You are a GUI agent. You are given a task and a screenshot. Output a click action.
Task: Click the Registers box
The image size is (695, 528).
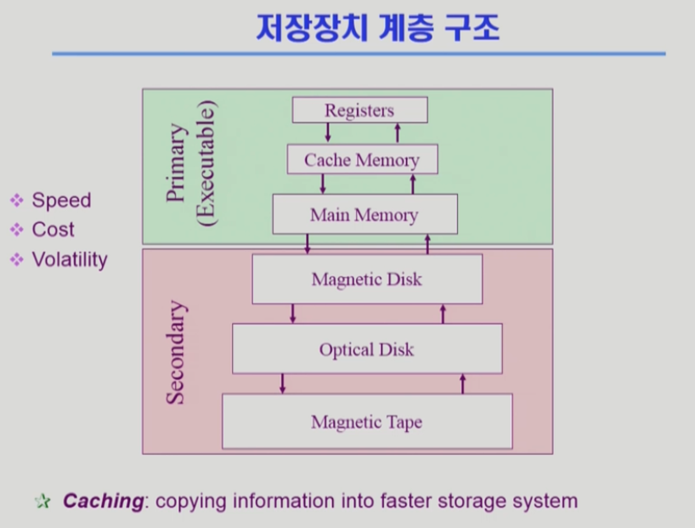[359, 111]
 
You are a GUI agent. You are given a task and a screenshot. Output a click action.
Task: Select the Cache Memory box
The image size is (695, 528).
[362, 160]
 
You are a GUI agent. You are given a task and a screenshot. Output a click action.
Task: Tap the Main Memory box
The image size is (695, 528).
[364, 214]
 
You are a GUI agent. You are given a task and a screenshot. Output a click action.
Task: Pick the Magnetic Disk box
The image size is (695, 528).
[367, 279]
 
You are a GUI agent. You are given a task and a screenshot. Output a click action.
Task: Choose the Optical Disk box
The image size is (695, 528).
[367, 349]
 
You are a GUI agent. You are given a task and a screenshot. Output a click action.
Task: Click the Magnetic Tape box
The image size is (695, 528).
[367, 422]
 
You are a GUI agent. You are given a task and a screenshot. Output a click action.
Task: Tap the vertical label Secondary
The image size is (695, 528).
[176, 351]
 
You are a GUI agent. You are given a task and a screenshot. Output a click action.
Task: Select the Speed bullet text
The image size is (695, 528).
[61, 201]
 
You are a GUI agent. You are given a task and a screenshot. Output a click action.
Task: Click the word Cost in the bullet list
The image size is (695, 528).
[53, 230]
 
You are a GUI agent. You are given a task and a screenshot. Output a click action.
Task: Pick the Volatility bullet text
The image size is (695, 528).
[70, 259]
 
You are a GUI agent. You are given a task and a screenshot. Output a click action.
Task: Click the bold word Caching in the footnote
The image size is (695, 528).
[103, 501]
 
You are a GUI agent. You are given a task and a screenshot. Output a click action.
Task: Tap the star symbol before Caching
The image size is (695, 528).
[42, 502]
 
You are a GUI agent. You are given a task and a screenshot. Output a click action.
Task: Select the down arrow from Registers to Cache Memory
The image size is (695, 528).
[328, 133]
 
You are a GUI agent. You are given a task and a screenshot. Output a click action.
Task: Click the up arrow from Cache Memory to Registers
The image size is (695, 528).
[397, 133]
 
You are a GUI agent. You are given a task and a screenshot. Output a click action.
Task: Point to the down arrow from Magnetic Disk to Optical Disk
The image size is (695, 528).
[293, 313]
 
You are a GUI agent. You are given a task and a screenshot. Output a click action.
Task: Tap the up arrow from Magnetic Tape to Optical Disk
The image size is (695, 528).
[463, 383]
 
